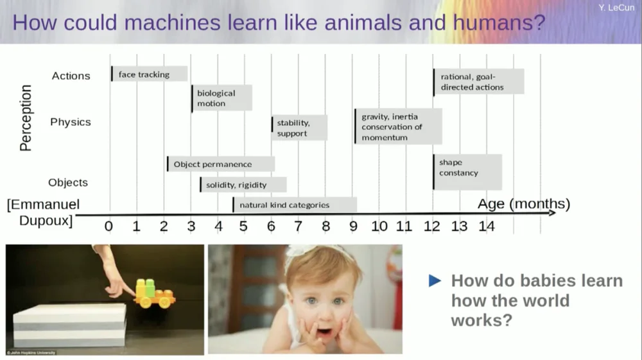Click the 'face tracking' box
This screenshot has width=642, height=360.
[x=149, y=74]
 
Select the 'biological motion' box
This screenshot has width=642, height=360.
[x=221, y=98]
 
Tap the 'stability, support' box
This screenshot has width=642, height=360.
[x=299, y=128]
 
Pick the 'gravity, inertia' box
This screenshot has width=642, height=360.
[x=397, y=126]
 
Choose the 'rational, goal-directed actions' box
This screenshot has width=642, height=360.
[x=478, y=81]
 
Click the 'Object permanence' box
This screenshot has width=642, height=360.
[x=221, y=164]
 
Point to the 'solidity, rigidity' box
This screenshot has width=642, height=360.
[x=243, y=185]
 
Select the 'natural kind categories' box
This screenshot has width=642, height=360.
[x=295, y=205]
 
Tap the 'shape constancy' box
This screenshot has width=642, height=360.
[x=467, y=172]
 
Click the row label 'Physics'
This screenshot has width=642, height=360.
[x=71, y=122]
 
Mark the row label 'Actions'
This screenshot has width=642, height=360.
[x=71, y=76]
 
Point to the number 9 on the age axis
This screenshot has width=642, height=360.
[x=353, y=226]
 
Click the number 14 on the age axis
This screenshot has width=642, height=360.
[x=486, y=226]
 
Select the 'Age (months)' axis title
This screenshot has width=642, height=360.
[x=523, y=204]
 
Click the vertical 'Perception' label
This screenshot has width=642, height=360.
[x=26, y=118]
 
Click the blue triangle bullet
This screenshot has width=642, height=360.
[x=435, y=280]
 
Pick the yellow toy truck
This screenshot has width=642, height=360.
[x=154, y=293]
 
